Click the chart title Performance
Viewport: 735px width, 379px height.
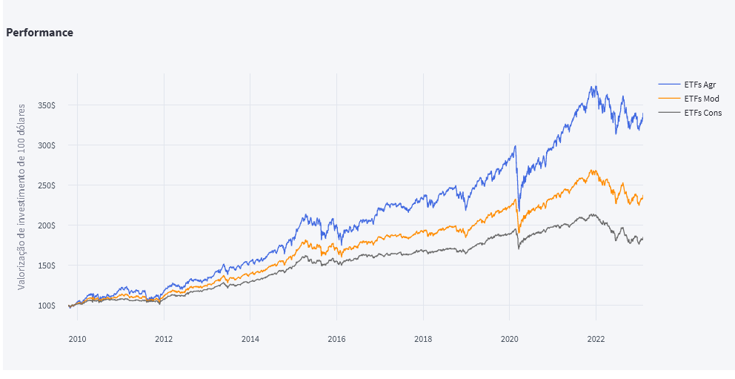tap(39, 33)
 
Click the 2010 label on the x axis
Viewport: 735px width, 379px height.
tap(77, 339)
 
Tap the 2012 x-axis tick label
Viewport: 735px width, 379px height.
tap(164, 339)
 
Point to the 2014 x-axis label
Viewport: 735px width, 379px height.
tap(250, 339)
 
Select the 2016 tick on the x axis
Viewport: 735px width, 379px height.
tap(336, 339)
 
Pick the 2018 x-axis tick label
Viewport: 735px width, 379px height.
tap(423, 339)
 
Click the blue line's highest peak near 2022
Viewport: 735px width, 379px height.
tap(593, 86)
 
